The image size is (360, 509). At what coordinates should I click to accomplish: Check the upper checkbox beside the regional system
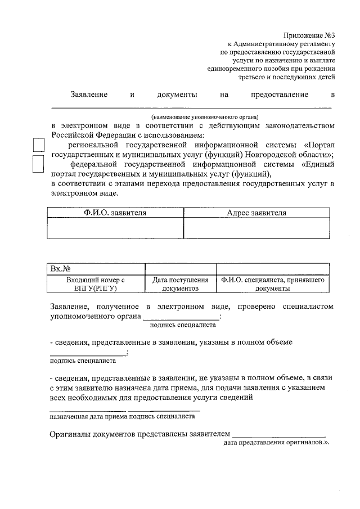tap(38, 146)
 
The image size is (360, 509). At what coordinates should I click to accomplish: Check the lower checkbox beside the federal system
tap(38, 164)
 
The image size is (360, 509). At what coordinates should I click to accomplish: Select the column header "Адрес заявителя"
tap(256, 213)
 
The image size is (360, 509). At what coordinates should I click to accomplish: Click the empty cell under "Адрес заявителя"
tap(256, 228)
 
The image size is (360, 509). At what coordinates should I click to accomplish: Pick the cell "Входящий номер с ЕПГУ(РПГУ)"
tap(95, 284)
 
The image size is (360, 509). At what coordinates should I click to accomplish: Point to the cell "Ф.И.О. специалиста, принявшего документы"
tap(272, 284)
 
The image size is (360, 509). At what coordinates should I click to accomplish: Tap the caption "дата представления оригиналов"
tap(274, 443)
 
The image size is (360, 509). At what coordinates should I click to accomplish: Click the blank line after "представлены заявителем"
tap(278, 434)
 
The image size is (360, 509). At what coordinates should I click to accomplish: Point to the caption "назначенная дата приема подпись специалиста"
tap(122, 417)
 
